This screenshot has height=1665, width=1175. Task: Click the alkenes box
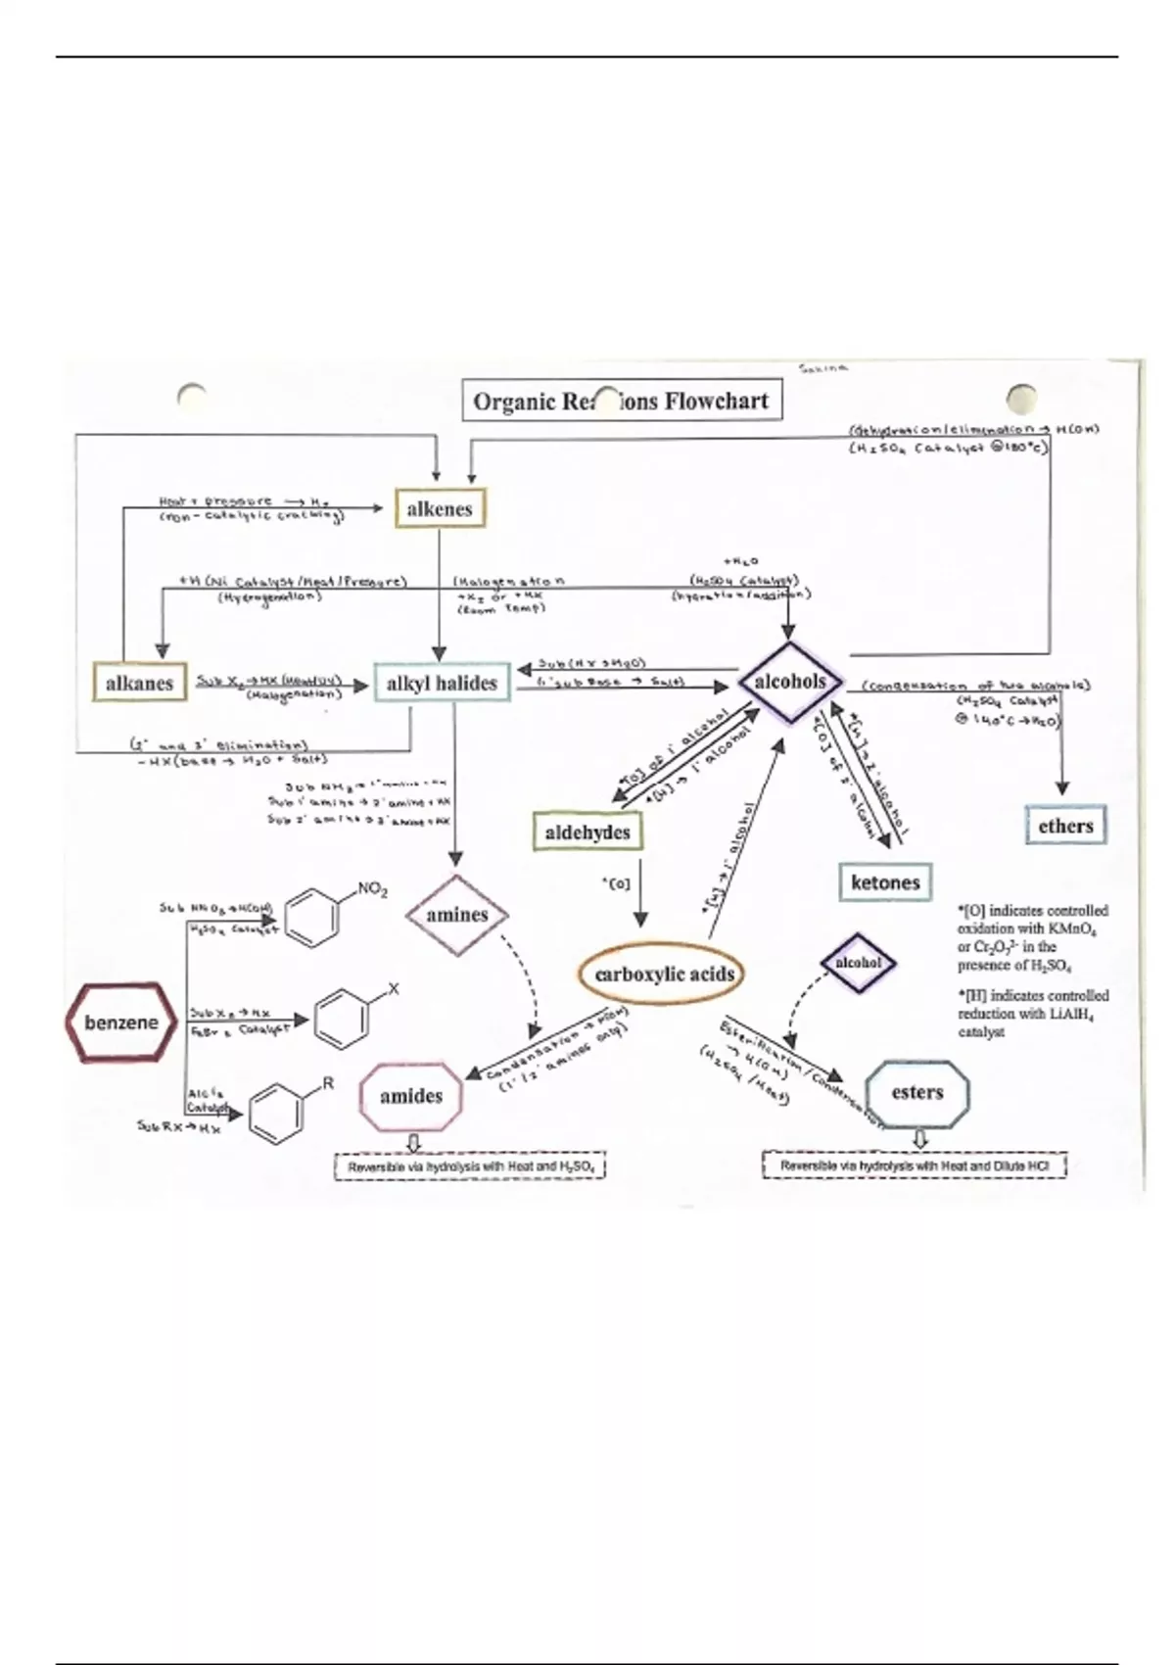point(440,509)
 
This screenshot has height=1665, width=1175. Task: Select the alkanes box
point(139,684)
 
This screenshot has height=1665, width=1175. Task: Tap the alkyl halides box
point(442,684)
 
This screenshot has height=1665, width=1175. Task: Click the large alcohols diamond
point(790,682)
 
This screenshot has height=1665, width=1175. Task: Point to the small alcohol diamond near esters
point(858,963)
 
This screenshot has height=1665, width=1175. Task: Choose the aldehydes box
point(587,832)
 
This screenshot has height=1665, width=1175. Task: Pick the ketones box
point(885,882)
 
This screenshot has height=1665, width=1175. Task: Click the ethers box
point(1065,826)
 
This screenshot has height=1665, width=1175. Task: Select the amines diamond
point(457,915)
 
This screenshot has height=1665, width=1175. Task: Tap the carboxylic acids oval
point(665,974)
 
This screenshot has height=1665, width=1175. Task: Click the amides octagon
point(411,1096)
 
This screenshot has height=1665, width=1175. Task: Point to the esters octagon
point(917,1093)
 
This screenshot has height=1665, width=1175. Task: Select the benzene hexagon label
point(121,1023)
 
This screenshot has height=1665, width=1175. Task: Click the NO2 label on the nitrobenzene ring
point(372,889)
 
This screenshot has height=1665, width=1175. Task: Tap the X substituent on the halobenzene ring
point(394,989)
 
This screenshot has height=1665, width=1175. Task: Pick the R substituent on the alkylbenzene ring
point(328,1083)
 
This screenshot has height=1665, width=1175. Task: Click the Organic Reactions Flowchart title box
point(622,401)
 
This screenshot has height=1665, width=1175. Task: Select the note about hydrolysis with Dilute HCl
point(915,1165)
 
